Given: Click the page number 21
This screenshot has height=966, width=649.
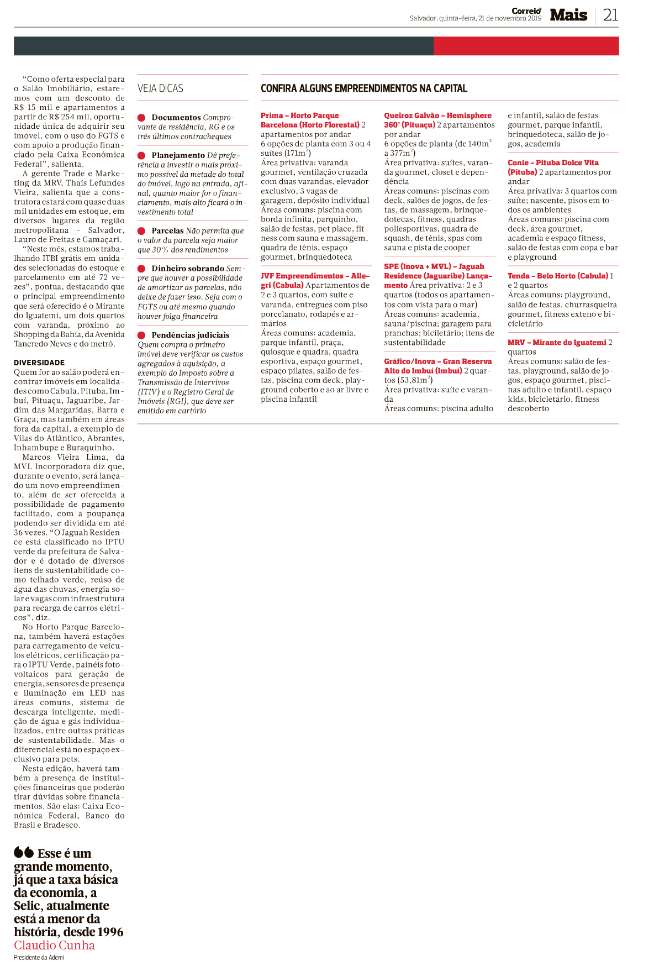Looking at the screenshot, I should (610, 15).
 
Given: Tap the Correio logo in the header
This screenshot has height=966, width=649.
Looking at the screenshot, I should (526, 11).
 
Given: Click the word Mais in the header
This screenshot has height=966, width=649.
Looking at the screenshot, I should (568, 15).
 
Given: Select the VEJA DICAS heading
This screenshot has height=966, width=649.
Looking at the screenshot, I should (160, 88).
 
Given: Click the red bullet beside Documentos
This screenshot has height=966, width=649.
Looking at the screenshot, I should (141, 118).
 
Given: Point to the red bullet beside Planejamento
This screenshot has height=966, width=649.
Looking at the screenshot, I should (141, 156).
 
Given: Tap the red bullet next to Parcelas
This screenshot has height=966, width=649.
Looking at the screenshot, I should (141, 231).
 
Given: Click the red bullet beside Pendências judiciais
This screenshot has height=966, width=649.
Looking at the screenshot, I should (141, 335).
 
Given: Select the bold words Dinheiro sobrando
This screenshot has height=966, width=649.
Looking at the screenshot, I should (188, 269).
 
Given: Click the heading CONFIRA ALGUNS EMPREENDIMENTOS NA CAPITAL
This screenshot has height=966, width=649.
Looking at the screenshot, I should (364, 88).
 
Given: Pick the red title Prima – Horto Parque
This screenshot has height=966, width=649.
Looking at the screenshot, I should (300, 116).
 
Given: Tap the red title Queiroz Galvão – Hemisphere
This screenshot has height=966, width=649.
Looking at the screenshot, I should (437, 116).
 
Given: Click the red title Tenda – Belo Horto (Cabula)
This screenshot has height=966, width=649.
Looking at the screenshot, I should (558, 276).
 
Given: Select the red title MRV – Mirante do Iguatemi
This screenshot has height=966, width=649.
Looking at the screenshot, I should (557, 343).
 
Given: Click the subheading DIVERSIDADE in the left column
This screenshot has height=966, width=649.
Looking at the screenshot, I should (39, 363).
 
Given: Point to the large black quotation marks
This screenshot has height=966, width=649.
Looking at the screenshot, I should (24, 852).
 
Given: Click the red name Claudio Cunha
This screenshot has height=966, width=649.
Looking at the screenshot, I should (54, 945).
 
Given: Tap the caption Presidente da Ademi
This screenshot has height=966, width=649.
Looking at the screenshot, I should (39, 958).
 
